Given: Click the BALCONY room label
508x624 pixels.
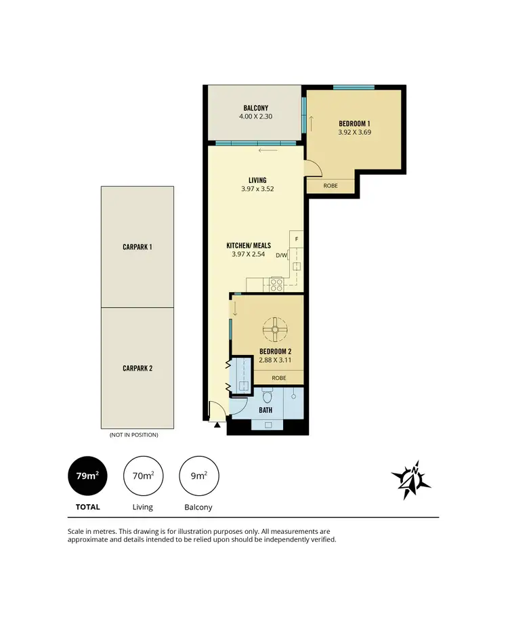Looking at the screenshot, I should coord(255,108).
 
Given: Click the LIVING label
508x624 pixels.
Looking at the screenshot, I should coord(257,180).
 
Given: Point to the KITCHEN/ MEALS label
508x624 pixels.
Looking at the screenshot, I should coord(249,245).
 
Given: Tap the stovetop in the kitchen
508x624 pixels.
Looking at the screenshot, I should coord(276,285).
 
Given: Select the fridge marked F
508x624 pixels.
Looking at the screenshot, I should coord(296,240).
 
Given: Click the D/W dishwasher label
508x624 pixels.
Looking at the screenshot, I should coord(282,255).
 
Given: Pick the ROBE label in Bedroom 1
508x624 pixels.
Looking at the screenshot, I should coord(330,186).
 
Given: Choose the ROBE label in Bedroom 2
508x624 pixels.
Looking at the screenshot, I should coord(278,378).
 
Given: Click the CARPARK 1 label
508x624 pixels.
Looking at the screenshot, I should coord(137,247).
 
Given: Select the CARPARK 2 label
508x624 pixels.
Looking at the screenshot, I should coord(137,369).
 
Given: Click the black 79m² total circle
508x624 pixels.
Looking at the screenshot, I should coord(88,476).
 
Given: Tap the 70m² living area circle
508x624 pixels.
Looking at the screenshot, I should coord(143,476).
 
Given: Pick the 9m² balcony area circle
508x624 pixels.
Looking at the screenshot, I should coord(198,476).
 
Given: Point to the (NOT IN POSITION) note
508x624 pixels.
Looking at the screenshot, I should coord(133,435).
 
